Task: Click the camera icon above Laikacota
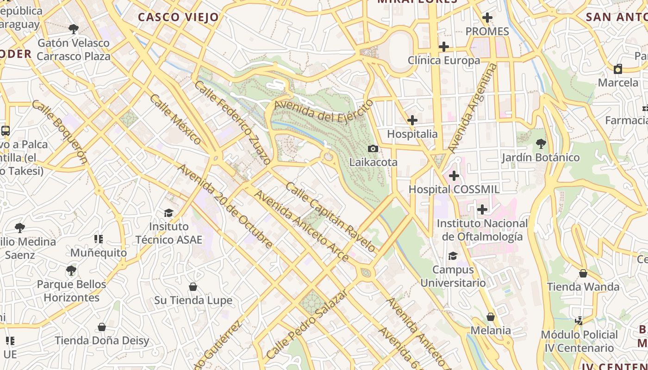373,148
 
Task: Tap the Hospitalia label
412,134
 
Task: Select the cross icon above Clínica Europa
444,47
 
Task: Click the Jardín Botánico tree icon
540,144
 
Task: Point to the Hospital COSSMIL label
454,189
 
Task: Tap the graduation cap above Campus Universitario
453,256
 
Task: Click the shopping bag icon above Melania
491,317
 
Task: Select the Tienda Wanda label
583,287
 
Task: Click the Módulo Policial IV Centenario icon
579,321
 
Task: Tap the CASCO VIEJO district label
178,18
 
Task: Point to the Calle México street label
175,119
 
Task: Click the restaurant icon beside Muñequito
99,239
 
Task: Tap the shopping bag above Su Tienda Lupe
193,287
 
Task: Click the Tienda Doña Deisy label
102,341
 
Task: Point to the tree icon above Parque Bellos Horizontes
71,270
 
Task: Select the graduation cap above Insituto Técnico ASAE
168,213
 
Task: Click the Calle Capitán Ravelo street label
330,216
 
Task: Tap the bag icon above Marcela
618,69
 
